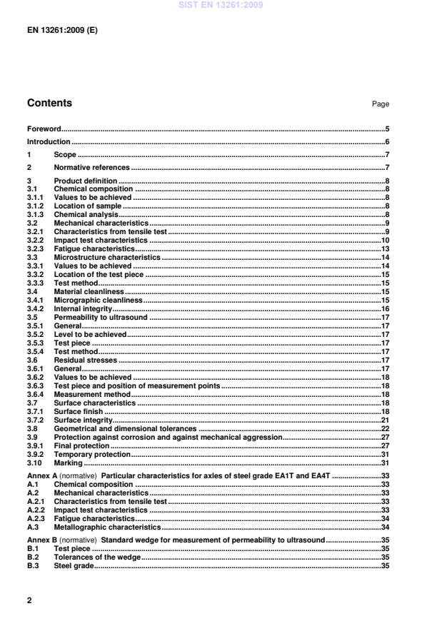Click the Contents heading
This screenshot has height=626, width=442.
tap(49, 104)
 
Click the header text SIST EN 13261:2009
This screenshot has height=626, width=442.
tap(221, 4)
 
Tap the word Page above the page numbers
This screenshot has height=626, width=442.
tap(380, 104)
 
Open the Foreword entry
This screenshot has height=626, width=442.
tap(44, 129)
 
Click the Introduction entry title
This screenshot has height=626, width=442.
tap(49, 141)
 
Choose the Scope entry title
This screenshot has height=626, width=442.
tap(65, 154)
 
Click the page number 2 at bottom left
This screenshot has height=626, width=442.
tap(29, 600)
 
